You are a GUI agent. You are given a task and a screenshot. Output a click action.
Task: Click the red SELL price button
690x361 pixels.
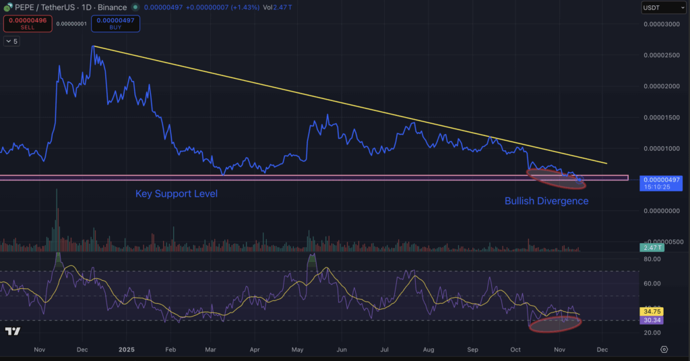click(x=27, y=24)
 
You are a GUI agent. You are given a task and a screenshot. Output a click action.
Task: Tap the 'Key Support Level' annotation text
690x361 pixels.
click(x=177, y=194)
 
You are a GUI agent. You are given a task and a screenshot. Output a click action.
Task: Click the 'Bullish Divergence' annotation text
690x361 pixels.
click(x=546, y=201)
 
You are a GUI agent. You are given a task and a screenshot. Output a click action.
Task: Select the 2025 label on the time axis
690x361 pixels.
click(x=127, y=350)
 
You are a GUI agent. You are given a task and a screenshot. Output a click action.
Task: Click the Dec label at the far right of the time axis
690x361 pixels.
click(x=602, y=350)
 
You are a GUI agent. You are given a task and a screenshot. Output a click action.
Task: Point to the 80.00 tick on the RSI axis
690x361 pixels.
click(x=652, y=259)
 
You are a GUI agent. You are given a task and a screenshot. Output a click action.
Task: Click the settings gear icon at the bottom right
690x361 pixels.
click(x=664, y=350)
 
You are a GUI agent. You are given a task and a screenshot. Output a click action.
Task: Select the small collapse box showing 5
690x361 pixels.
click(x=12, y=41)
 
